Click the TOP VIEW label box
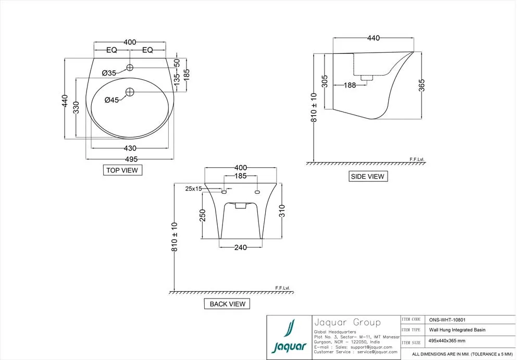(122, 170)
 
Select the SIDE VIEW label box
(367, 177)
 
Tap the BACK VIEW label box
(227, 304)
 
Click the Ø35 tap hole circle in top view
(130, 68)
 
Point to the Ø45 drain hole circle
(130, 92)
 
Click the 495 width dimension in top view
(131, 159)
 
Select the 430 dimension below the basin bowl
(130, 148)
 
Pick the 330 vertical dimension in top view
(76, 108)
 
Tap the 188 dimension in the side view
(350, 85)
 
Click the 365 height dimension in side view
(421, 85)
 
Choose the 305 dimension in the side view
(325, 81)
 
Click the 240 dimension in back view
(241, 247)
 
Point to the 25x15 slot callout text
(193, 189)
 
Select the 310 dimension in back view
(282, 211)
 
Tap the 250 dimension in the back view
(203, 215)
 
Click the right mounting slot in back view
(257, 192)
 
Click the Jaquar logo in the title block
(289, 337)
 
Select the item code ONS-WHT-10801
(447, 320)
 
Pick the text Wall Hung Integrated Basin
(457, 330)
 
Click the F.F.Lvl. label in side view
(417, 159)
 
